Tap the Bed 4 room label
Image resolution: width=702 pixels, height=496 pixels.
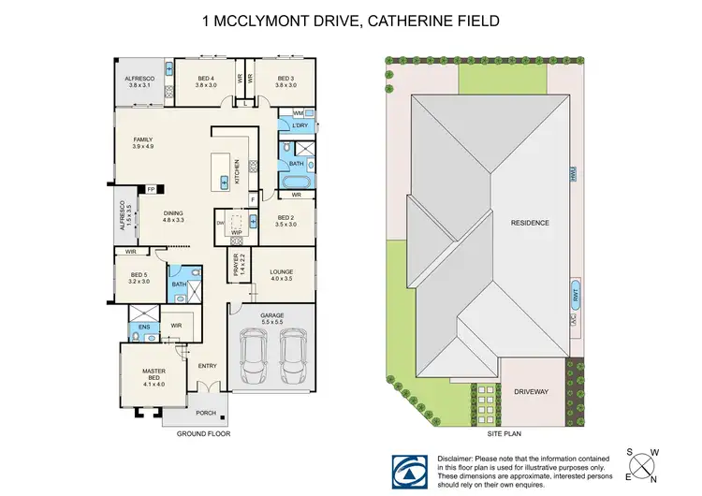pyautogui.click(x=206, y=80)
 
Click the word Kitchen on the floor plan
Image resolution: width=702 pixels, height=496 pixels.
pyautogui.click(x=238, y=168)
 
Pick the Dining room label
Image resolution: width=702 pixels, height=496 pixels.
pyautogui.click(x=173, y=215)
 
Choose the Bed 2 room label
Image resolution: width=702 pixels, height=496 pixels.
pyautogui.click(x=285, y=221)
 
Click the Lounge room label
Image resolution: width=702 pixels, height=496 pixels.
pyautogui.click(x=281, y=274)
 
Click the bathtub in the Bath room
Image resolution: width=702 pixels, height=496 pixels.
pyautogui.click(x=296, y=178)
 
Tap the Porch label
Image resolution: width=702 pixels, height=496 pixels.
pyautogui.click(x=206, y=412)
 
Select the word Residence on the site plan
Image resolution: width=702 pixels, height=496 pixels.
pyautogui.click(x=529, y=223)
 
